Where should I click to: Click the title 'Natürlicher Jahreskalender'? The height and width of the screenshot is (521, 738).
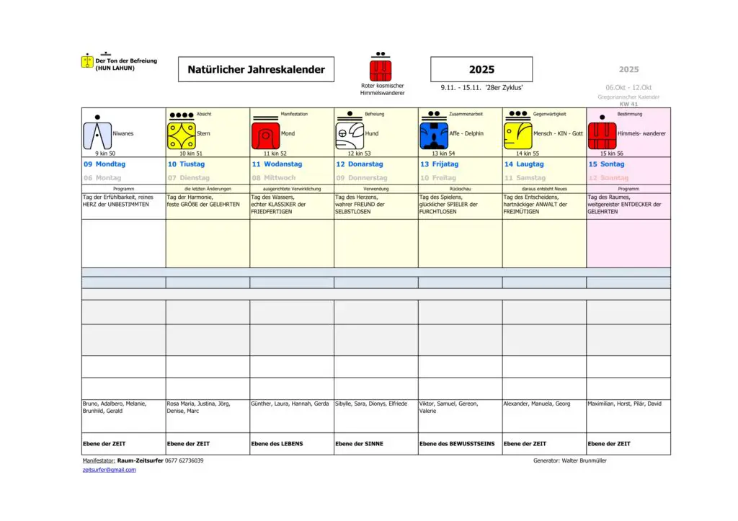(256, 70)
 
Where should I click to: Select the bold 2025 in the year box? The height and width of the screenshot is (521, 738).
(481, 70)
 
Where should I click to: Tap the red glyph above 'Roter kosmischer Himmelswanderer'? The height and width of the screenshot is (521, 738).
(381, 70)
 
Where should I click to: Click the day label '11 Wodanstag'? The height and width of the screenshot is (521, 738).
(277, 164)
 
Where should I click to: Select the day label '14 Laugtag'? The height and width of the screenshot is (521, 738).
(524, 164)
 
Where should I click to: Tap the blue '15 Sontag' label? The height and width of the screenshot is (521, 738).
(607, 164)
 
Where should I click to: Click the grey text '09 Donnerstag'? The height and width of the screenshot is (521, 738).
(361, 178)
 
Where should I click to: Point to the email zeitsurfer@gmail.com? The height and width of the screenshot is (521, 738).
(109, 470)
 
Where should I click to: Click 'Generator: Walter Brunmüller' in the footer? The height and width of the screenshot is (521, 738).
(569, 460)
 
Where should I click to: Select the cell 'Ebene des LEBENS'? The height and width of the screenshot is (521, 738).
(277, 444)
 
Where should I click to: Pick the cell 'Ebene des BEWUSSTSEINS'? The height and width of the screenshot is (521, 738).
(457, 444)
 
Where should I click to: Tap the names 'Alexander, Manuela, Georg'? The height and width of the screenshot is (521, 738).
(536, 404)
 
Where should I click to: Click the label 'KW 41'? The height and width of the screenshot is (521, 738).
(628, 104)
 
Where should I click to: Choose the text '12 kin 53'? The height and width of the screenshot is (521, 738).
(359, 153)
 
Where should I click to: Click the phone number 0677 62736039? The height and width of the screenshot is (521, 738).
(184, 460)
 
